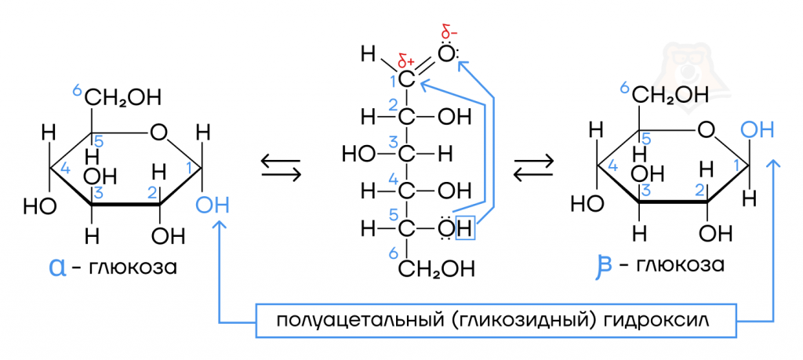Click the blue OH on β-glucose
(x=758, y=130)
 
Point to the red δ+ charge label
(x=407, y=63)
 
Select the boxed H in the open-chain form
(x=465, y=228)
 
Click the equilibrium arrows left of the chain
(x=280, y=168)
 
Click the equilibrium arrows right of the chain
(x=534, y=168)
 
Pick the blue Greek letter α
(x=57, y=267)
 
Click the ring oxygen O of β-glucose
(x=707, y=130)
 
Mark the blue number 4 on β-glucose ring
(x=612, y=165)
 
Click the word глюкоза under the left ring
(x=131, y=267)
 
